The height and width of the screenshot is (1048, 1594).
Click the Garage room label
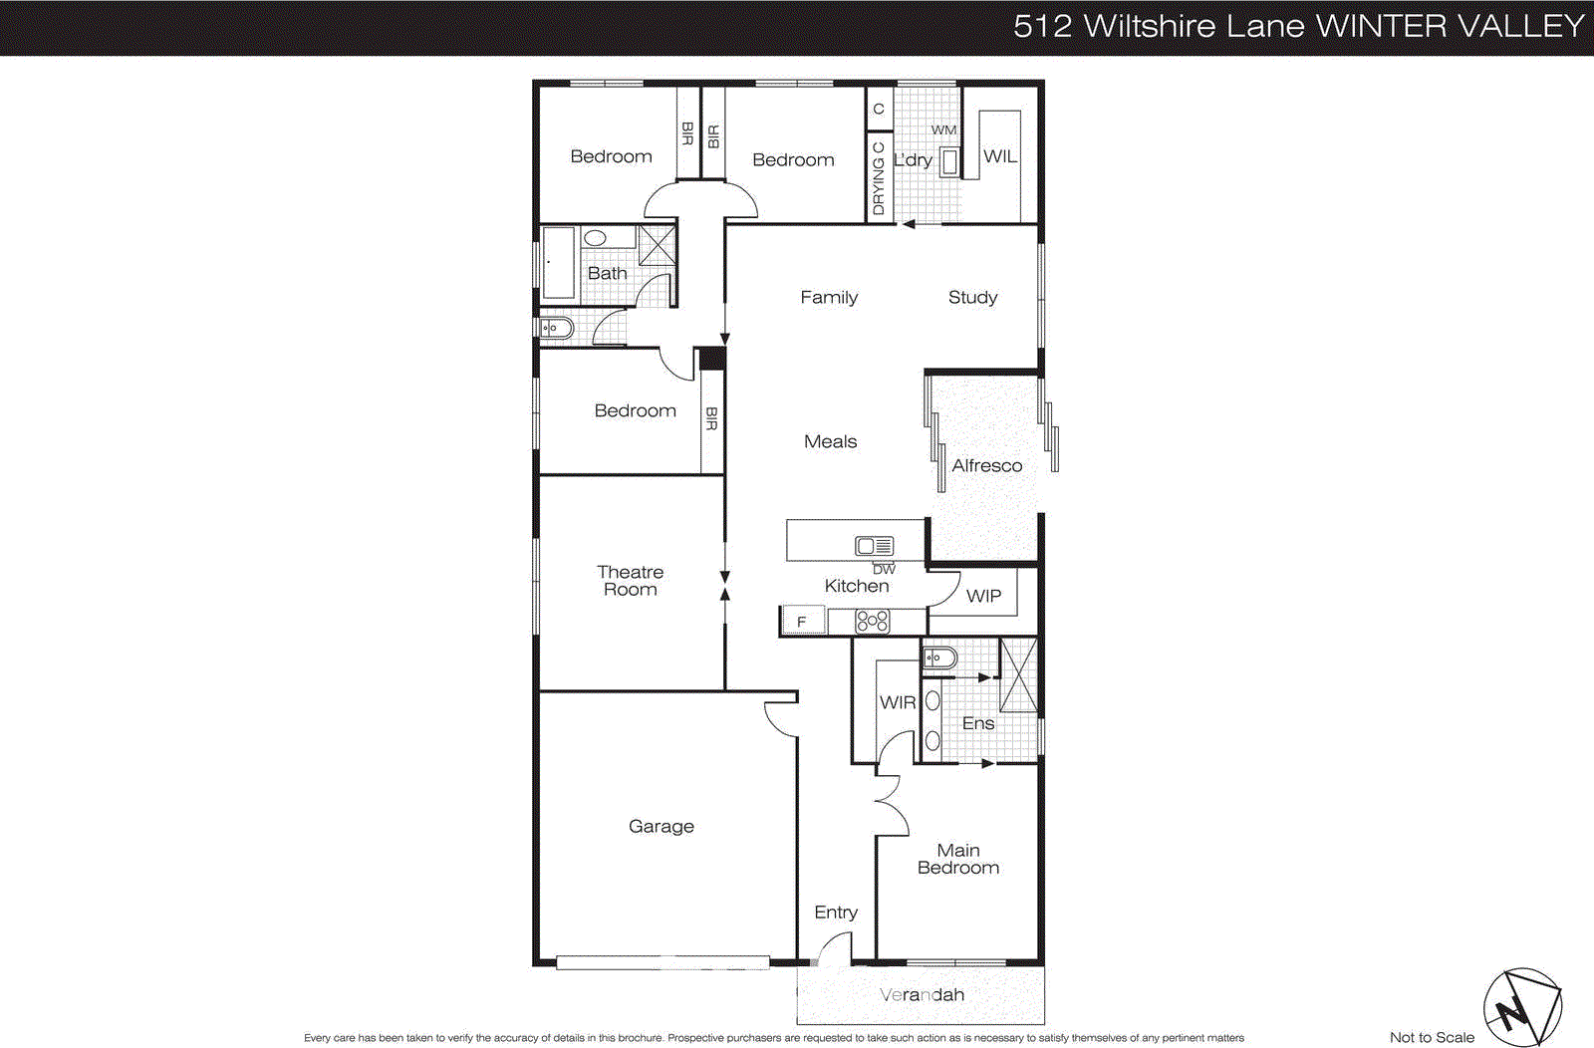[661, 826]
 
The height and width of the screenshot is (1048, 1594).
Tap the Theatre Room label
[630, 581]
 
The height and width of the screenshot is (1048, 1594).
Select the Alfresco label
[986, 465]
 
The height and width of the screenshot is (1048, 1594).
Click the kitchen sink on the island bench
[874, 546]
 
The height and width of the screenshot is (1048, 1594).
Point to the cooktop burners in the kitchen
[872, 622]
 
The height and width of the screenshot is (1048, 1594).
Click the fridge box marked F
[802, 622]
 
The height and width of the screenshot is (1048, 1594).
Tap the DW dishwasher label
[884, 569]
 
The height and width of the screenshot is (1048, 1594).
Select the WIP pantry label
[983, 596]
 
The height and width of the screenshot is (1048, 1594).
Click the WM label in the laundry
[943, 130]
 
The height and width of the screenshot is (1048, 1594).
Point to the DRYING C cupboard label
[878, 178]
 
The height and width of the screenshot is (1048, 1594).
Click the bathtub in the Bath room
[559, 262]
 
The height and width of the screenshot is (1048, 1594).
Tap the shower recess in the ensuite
[1018, 675]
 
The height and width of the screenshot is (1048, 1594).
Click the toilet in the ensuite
[938, 657]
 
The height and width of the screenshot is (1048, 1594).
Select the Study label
[972, 297]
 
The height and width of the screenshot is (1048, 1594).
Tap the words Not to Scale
[1432, 1037]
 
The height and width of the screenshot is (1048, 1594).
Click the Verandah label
[922, 994]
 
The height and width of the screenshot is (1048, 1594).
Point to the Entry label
[835, 912]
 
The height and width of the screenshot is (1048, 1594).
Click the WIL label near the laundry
[1000, 156]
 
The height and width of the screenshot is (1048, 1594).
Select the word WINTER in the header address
[1380, 26]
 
